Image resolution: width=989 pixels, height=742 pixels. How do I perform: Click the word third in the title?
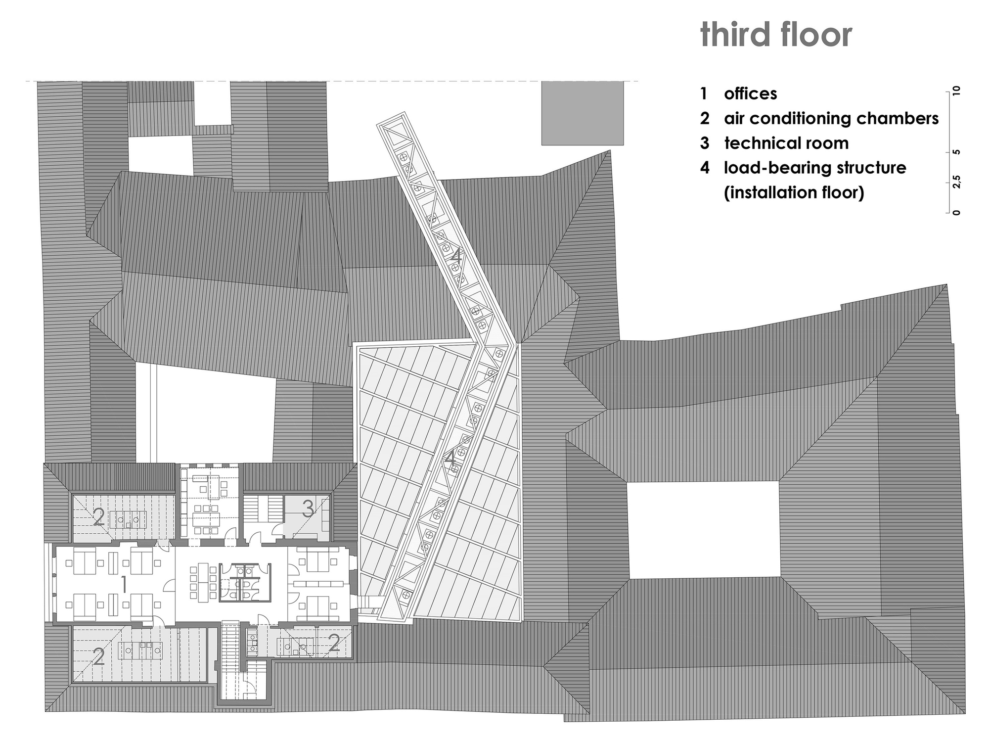coord(737,34)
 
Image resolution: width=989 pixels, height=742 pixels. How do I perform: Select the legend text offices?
coord(750,93)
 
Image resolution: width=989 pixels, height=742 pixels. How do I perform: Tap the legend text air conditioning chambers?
coord(831,119)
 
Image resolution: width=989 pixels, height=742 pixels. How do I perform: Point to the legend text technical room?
coord(786,143)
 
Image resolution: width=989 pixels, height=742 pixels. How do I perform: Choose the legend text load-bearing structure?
coord(815,168)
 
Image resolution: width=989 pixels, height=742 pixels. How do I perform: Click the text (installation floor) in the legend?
coord(794,192)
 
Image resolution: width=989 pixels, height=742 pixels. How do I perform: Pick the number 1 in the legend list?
coord(704,93)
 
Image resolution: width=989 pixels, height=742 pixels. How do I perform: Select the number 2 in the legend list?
coord(704,119)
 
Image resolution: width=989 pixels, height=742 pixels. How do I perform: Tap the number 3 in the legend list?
coord(704,143)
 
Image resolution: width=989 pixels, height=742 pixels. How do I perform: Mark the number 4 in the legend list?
coord(704,168)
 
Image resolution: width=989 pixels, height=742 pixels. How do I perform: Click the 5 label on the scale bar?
coord(956,152)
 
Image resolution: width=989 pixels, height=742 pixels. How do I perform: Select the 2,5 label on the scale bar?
coord(956,182)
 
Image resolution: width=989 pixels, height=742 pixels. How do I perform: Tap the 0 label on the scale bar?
coord(956,213)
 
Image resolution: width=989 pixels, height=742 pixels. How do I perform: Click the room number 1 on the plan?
coord(124,585)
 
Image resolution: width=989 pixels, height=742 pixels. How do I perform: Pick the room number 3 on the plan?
coord(308,509)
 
